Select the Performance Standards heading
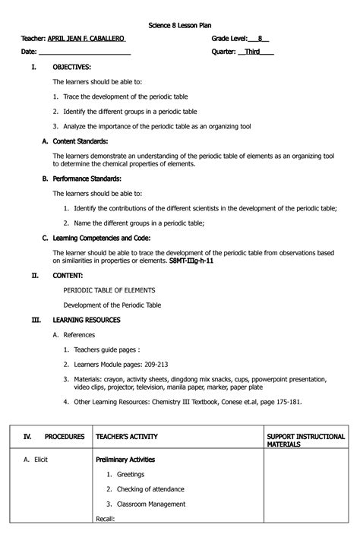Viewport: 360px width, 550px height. [x=87, y=179]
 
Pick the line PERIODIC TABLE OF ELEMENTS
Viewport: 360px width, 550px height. [x=109, y=290]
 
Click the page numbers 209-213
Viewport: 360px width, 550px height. [x=175, y=365]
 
